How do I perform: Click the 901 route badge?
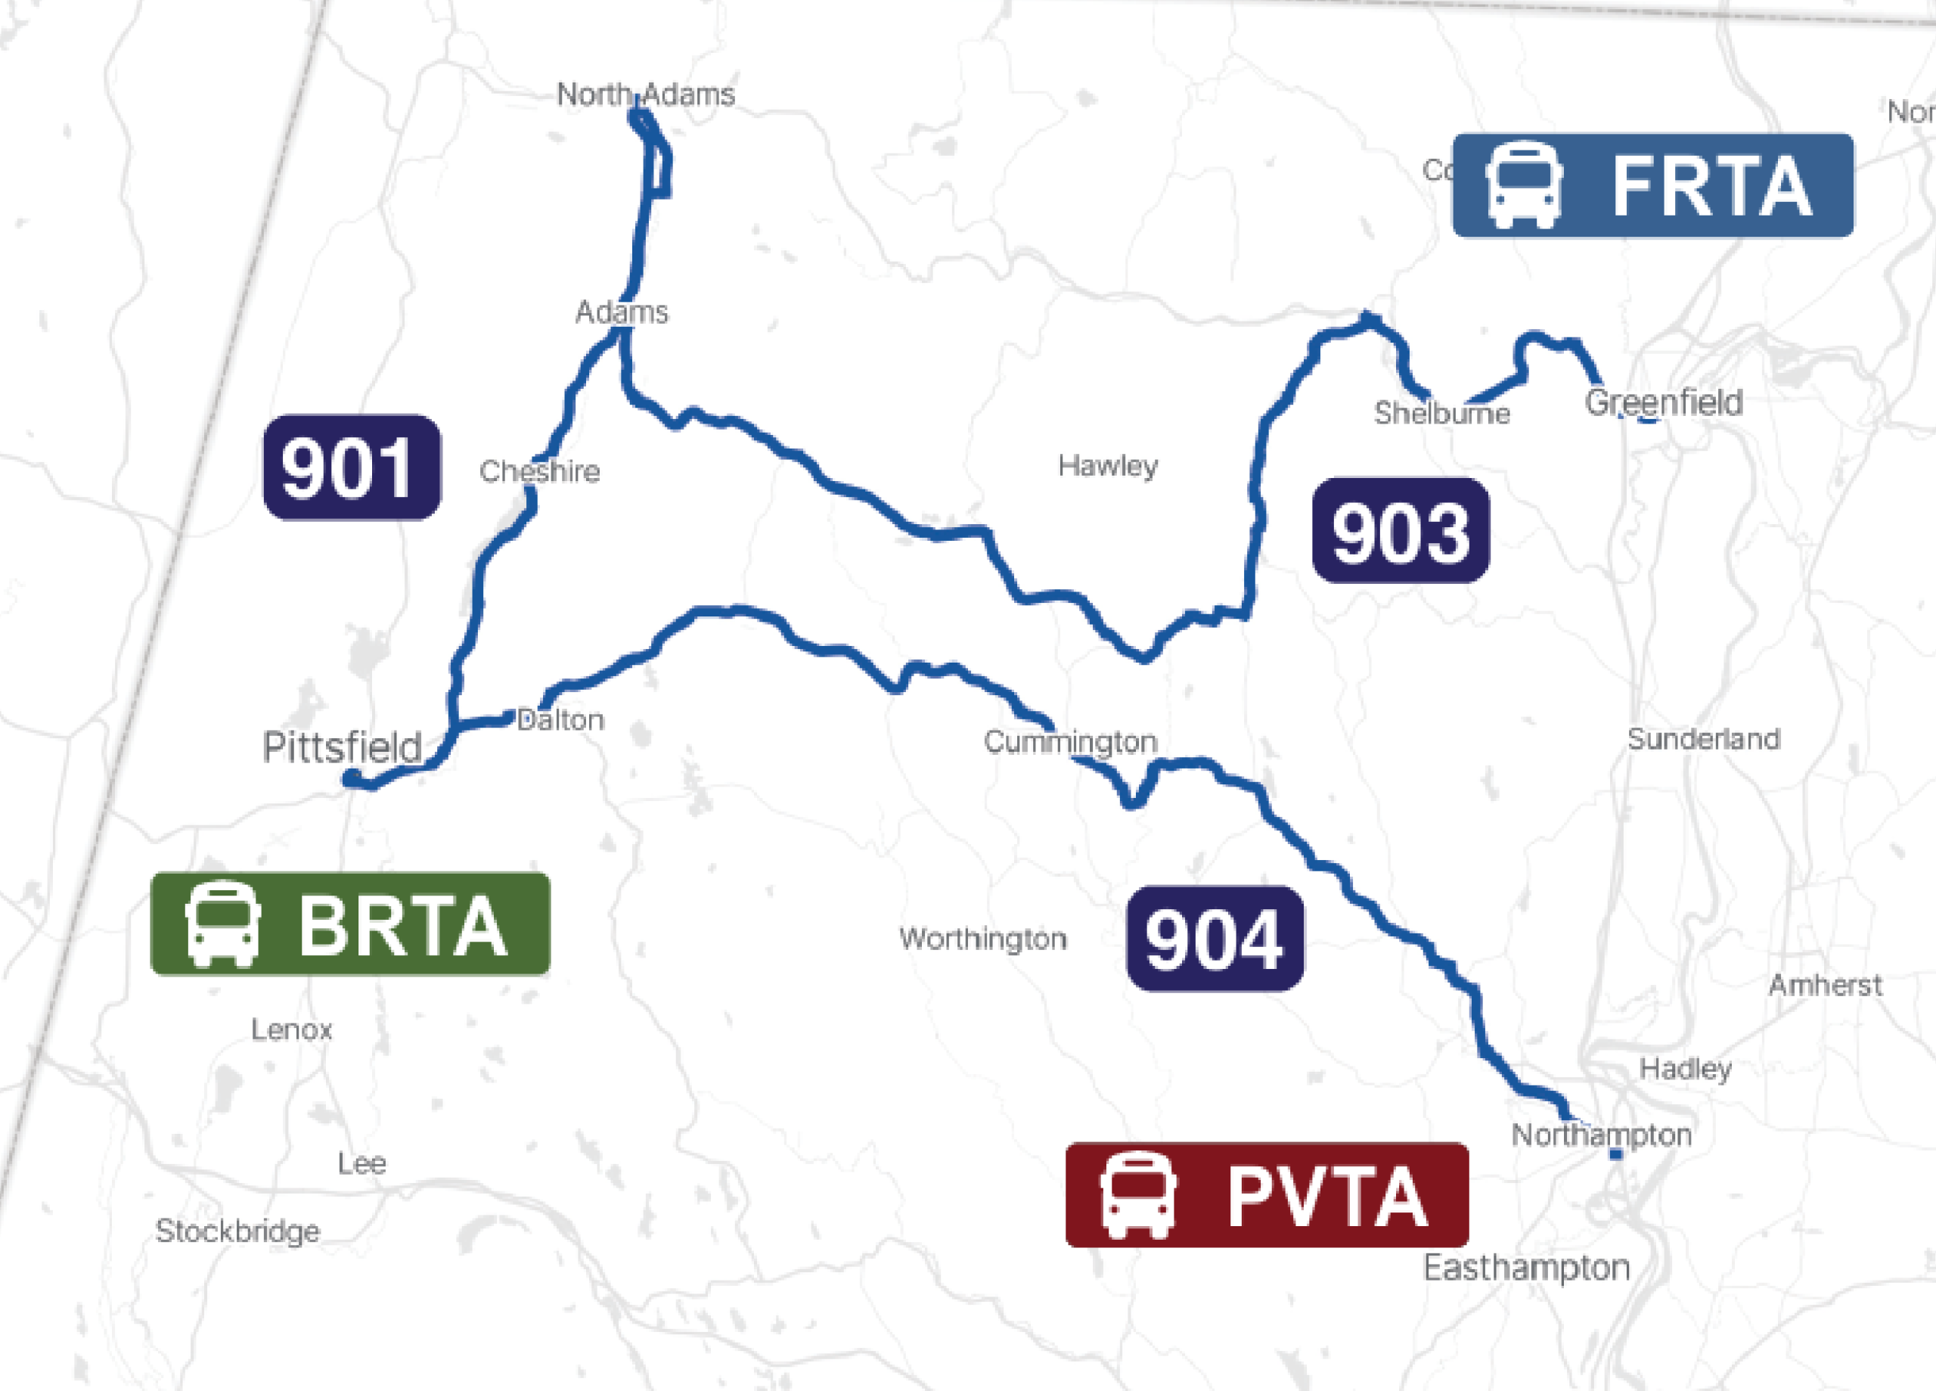point(352,467)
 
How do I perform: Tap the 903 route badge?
point(1401,530)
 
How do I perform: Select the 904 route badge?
point(1215,939)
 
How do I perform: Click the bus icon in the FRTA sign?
point(1524,185)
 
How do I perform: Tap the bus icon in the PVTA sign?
point(1138,1195)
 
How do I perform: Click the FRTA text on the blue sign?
point(1711,186)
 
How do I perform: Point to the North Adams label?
point(645,94)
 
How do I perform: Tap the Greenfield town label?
point(1664,402)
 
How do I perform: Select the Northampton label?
point(1602,1135)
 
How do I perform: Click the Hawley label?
point(1108,465)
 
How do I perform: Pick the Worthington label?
point(983,939)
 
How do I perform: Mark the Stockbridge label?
point(238,1231)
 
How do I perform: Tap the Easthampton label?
point(1526,1267)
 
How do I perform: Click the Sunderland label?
point(1704,739)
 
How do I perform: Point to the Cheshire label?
point(539,471)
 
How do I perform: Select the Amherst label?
point(1825,985)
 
